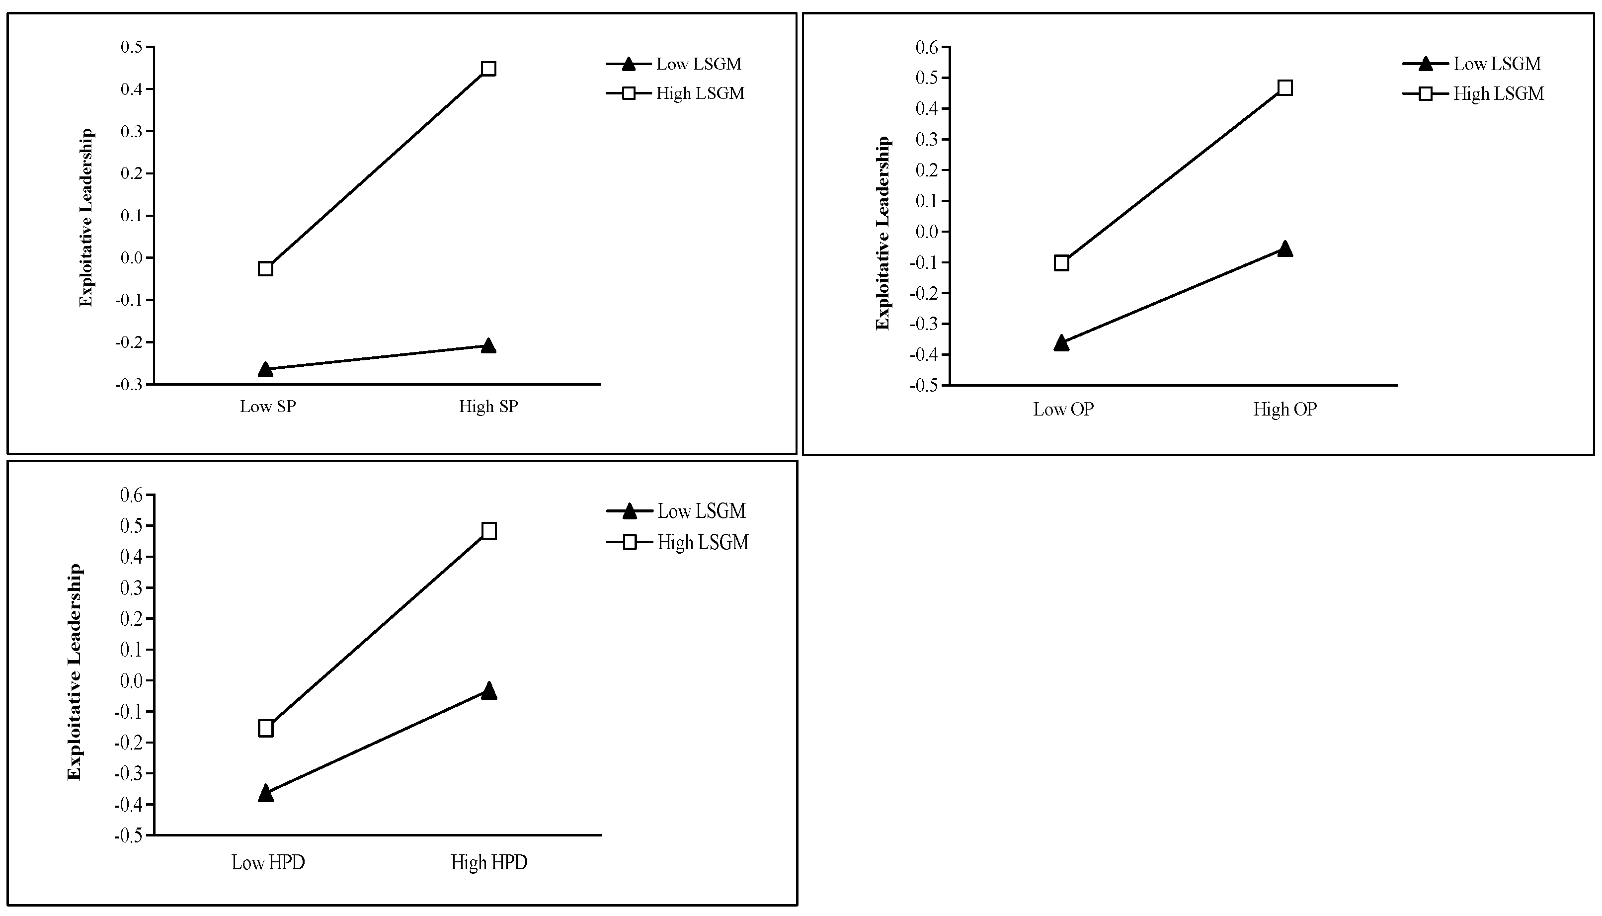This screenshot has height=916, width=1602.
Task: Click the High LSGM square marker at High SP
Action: click(488, 69)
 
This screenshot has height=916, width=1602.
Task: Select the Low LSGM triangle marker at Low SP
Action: click(265, 369)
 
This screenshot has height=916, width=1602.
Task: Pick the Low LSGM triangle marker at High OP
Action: click(1285, 249)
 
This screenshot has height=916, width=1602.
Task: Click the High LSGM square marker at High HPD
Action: click(489, 530)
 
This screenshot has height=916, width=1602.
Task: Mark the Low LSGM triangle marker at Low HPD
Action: click(265, 793)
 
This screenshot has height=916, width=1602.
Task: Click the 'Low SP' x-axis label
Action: click(267, 407)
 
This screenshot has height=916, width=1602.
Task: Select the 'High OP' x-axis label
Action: click(1284, 410)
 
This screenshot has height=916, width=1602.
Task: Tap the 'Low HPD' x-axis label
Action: click(268, 862)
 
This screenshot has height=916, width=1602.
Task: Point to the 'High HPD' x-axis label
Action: click(489, 862)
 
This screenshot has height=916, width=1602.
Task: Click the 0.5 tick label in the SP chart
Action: click(132, 47)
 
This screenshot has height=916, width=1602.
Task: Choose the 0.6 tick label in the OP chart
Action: click(927, 47)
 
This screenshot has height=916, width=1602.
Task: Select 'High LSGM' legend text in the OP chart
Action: click(1498, 94)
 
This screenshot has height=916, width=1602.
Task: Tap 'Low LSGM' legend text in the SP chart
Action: click(699, 64)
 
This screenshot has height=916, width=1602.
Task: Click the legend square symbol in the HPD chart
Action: click(629, 542)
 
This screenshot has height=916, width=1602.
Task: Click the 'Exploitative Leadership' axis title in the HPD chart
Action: click(74, 672)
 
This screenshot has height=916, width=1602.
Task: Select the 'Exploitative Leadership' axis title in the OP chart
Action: click(882, 233)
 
